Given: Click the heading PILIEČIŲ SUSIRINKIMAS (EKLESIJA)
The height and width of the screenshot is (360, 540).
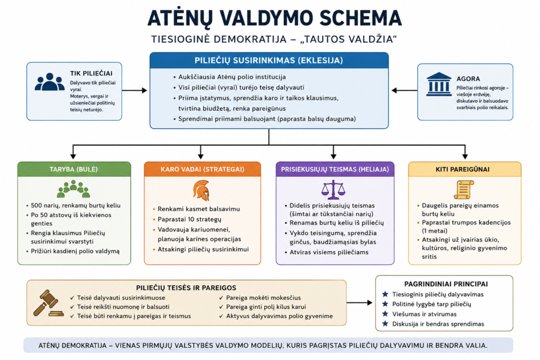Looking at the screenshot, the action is coord(268,61).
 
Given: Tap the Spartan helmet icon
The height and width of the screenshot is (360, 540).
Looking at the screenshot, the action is coord(201,190).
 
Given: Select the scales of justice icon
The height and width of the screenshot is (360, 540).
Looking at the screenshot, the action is coord(333,190).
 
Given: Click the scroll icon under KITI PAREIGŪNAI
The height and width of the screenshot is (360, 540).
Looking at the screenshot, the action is coord(464,190).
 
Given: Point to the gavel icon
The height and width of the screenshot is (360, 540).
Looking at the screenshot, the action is coord(48,303).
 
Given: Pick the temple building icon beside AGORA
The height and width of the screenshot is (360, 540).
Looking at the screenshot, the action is coord(439,84).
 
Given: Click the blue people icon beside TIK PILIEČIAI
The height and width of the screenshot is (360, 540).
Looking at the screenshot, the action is coord(50,82).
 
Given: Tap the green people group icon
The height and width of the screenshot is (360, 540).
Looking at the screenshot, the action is coord(73,189).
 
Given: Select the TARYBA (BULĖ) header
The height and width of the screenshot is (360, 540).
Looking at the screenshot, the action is coord(74,169).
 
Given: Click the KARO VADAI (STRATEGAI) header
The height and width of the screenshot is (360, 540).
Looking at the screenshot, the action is coord(202,169).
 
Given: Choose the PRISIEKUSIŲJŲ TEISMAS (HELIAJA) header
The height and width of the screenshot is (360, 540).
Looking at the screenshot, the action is coord(335,169).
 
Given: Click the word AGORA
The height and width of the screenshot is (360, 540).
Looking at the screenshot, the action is coord(468,79).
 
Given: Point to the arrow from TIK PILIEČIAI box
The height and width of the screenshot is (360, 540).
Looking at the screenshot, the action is coord(134,91).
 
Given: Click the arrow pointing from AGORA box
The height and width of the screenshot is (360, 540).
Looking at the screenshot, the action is coord(404,91).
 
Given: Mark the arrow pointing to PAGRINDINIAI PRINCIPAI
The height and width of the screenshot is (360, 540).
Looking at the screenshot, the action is coord(360,303).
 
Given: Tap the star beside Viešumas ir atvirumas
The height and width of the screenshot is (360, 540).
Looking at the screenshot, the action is coord(385,314).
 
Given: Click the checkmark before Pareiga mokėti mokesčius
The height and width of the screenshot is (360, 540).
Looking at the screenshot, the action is coord(221,298).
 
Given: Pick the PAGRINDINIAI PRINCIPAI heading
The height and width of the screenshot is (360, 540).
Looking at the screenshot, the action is coord(446,284).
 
